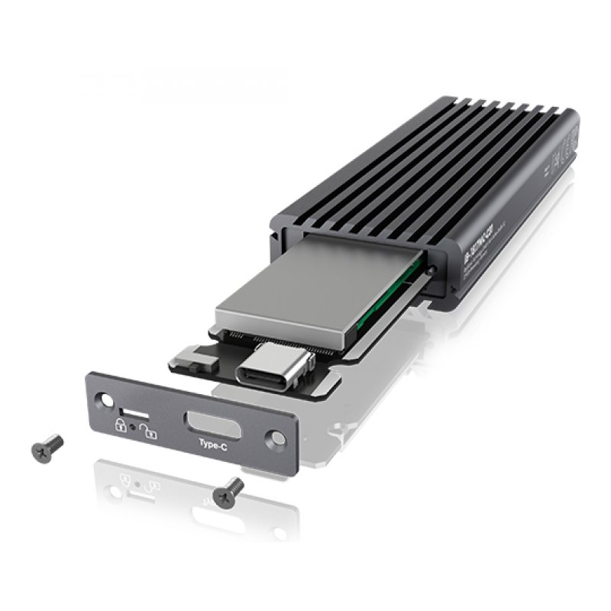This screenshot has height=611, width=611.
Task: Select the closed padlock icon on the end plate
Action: [120, 425]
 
